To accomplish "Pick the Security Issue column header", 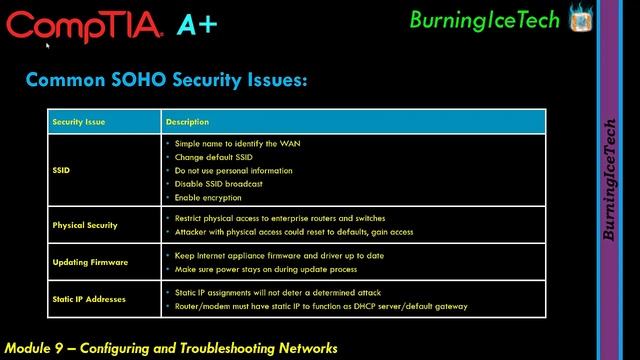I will pyautogui.click(x=79, y=122).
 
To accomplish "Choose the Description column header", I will pyautogui.click(x=187, y=122).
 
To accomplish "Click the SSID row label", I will pyautogui.click(x=62, y=170).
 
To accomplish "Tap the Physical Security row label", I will pyautogui.click(x=85, y=225).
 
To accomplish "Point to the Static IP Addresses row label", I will pyautogui.click(x=90, y=299).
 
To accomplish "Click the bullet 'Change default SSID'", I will pyautogui.click(x=213, y=157).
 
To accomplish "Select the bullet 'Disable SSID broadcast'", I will pyautogui.click(x=218, y=184).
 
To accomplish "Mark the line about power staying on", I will pyautogui.click(x=265, y=269).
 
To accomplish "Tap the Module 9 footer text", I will pyautogui.click(x=171, y=348).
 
